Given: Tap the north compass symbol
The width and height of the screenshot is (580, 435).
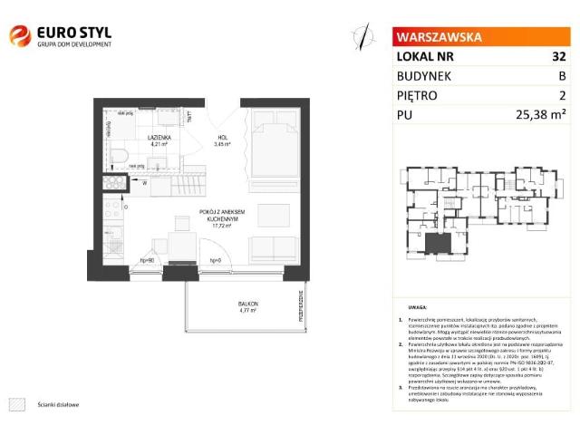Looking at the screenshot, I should click(x=363, y=36).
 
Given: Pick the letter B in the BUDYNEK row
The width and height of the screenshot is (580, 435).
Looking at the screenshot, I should click(x=562, y=76).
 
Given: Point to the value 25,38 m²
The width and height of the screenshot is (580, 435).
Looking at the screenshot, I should click(x=540, y=114).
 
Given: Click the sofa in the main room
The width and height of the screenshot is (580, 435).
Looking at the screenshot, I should click(x=267, y=249).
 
